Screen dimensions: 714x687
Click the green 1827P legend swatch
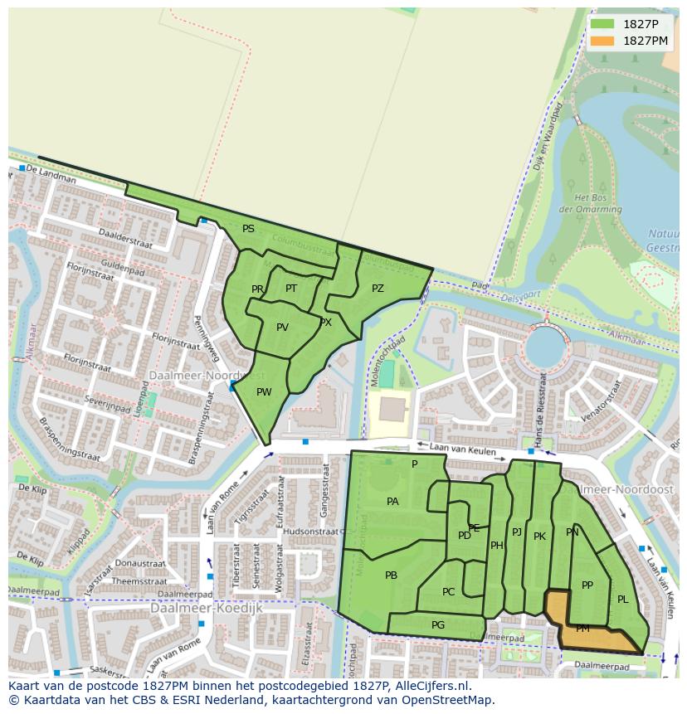pyautogui.click(x=602, y=24)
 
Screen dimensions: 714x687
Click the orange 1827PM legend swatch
pyautogui.click(x=602, y=41)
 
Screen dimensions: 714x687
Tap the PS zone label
pyautogui.click(x=248, y=229)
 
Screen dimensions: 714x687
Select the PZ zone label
pyautogui.click(x=378, y=289)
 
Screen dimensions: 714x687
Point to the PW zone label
pyautogui.click(x=264, y=392)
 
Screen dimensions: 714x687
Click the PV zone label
pyautogui.click(x=282, y=328)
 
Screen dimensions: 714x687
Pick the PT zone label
pyautogui.click(x=291, y=289)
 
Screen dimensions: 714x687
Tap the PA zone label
pyautogui.click(x=392, y=502)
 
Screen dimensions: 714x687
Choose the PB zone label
pyautogui.click(x=391, y=576)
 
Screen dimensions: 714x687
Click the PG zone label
pyautogui.click(x=438, y=625)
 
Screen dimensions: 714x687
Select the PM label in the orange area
pyautogui.click(x=582, y=629)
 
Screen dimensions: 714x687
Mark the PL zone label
pyautogui.click(x=622, y=600)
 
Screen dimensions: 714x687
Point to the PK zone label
pyautogui.click(x=539, y=537)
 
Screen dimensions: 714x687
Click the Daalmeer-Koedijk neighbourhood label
pyautogui.click(x=207, y=608)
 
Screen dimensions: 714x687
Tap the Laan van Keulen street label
pyautogui.click(x=467, y=450)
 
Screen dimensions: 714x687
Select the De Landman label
pyautogui.click(x=45, y=169)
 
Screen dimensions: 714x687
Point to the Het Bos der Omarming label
pyautogui.click(x=592, y=204)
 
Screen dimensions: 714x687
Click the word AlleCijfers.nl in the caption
pyautogui.click(x=429, y=686)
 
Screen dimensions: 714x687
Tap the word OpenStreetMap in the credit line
pyautogui.click(x=453, y=700)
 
